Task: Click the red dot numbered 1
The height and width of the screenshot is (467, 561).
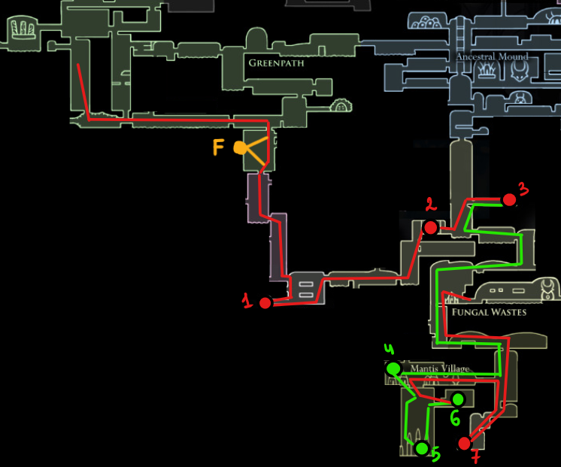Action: pyautogui.click(x=265, y=303)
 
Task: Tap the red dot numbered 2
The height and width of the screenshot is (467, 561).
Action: pyautogui.click(x=430, y=227)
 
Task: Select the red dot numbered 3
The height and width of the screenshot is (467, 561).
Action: pyautogui.click(x=509, y=200)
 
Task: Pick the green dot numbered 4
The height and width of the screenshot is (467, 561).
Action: pyautogui.click(x=393, y=368)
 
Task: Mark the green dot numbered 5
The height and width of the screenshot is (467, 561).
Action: pyautogui.click(x=422, y=448)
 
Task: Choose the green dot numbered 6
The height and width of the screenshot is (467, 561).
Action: pyautogui.click(x=458, y=399)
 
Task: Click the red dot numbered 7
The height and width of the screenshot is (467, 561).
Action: pyautogui.click(x=465, y=444)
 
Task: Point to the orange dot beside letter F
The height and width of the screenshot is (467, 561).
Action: pyautogui.click(x=240, y=148)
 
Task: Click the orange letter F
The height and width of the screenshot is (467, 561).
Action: pyautogui.click(x=218, y=147)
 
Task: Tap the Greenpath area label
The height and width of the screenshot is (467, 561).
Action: pyautogui.click(x=276, y=63)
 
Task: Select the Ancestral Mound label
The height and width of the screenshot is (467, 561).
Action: pyautogui.click(x=492, y=56)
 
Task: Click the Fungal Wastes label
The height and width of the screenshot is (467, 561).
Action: pyautogui.click(x=489, y=312)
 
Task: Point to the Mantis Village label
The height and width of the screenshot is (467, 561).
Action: pyautogui.click(x=440, y=368)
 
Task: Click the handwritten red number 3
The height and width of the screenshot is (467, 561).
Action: pyautogui.click(x=523, y=189)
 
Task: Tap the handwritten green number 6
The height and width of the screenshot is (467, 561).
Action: pyautogui.click(x=455, y=418)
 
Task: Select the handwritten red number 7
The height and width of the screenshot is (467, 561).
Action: pyautogui.click(x=475, y=456)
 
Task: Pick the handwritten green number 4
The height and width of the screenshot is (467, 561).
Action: pyautogui.click(x=389, y=349)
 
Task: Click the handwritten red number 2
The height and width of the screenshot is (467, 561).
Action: pyautogui.click(x=431, y=204)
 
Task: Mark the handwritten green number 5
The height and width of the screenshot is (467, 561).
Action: pyautogui.click(x=436, y=455)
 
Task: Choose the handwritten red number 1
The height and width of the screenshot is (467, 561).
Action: pyautogui.click(x=247, y=300)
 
